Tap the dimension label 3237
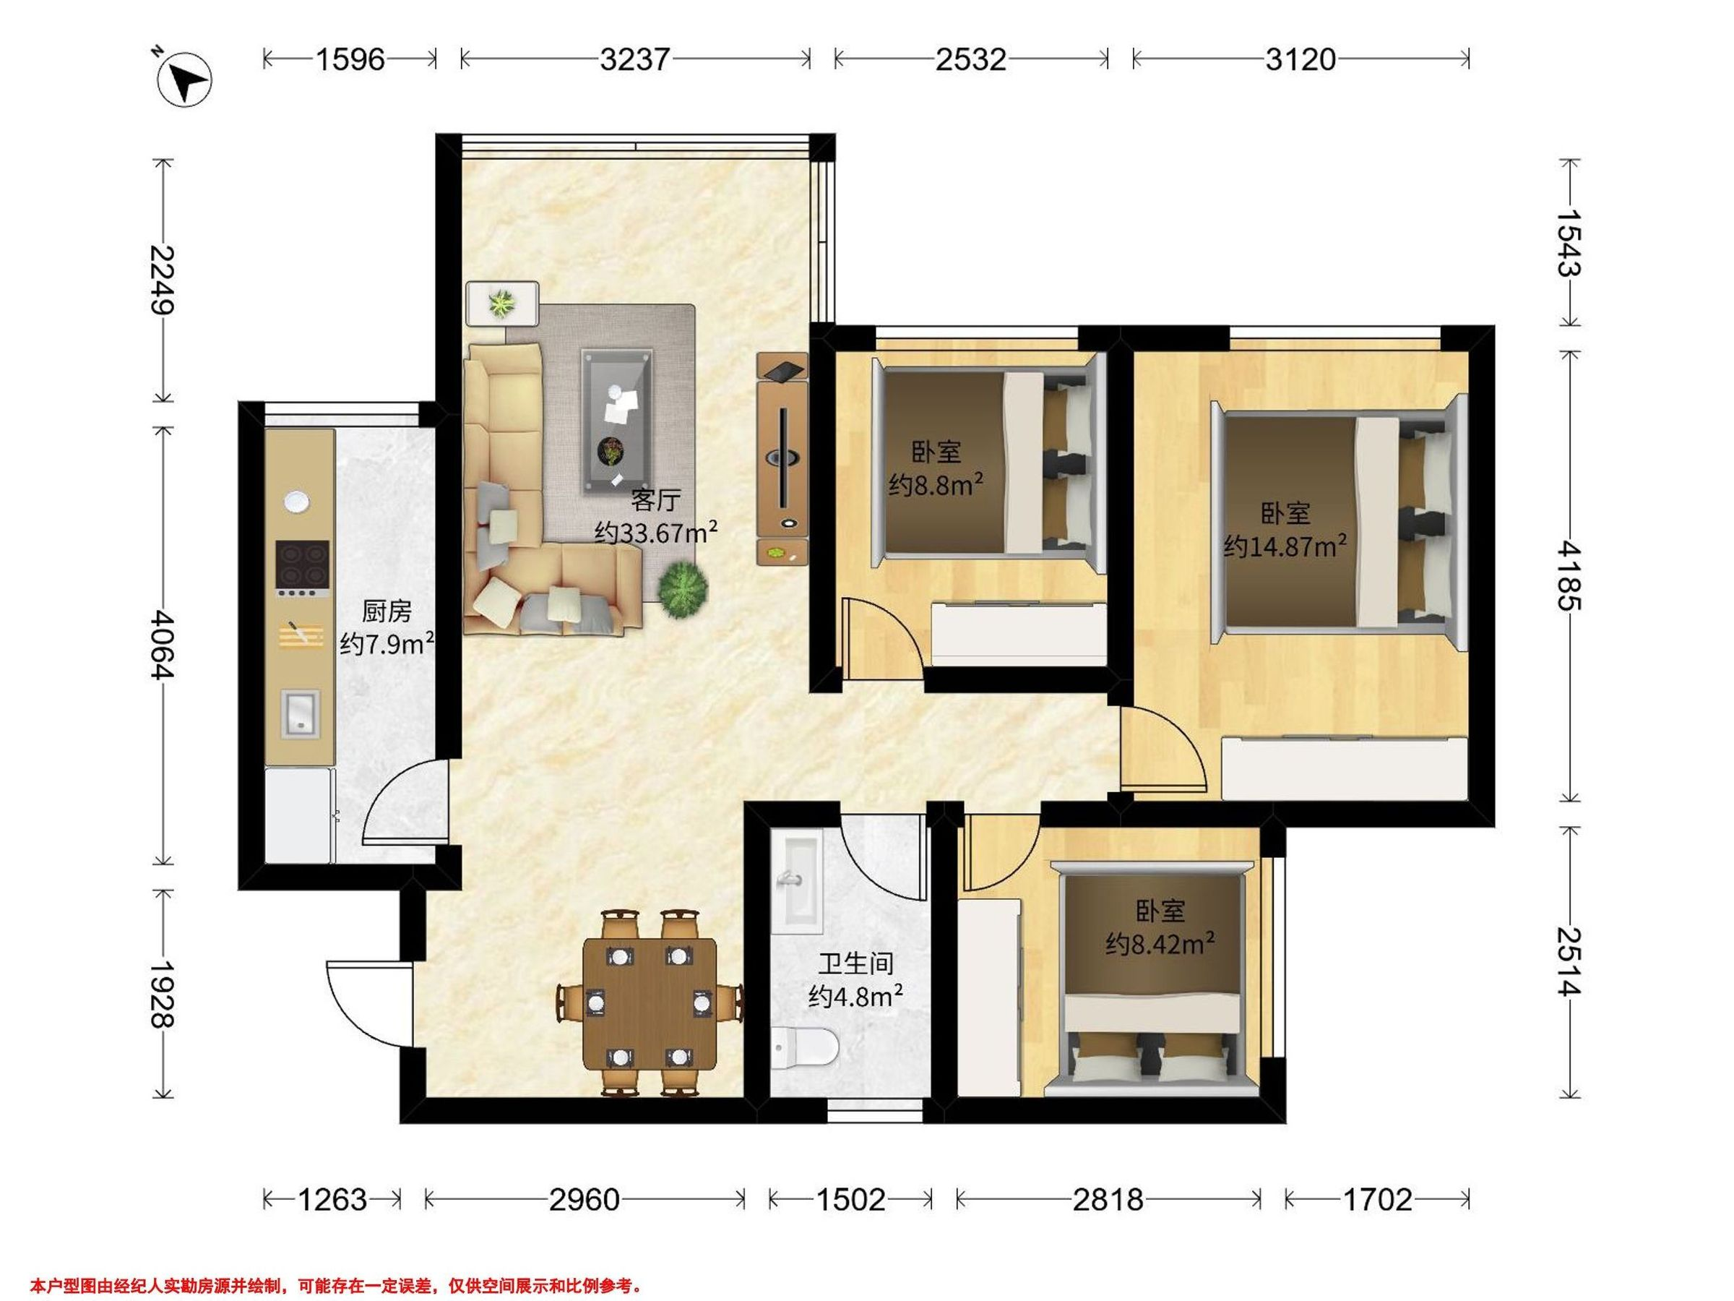tap(635, 59)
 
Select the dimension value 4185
tap(1570, 575)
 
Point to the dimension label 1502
tap(850, 1200)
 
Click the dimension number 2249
tap(163, 280)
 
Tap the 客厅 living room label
tap(655, 499)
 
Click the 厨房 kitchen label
tap(387, 611)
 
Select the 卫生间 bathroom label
tap(856, 963)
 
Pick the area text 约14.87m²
tap(1285, 546)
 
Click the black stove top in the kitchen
tap(303, 568)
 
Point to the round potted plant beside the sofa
tap(683, 590)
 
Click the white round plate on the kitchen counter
tap(296, 499)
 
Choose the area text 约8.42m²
tap(1160, 943)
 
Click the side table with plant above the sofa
tap(502, 304)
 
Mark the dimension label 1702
tap(1378, 1200)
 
